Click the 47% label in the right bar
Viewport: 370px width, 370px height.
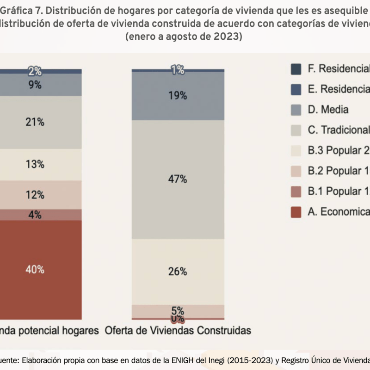[178, 179]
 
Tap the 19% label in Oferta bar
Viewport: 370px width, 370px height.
[178, 96]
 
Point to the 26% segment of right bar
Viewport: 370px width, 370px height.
[178, 271]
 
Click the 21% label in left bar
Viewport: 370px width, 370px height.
[35, 122]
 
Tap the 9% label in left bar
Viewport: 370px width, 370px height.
[35, 85]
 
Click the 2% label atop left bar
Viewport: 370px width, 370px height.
[35, 71]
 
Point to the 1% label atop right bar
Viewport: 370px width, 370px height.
[178, 70]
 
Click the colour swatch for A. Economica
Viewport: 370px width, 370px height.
[296, 211]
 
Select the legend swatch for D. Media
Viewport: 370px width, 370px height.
[296, 110]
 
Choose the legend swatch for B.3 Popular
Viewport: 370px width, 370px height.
[296, 150]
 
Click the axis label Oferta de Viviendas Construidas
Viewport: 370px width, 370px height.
[178, 331]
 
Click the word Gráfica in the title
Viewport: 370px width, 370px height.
[17, 10]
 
